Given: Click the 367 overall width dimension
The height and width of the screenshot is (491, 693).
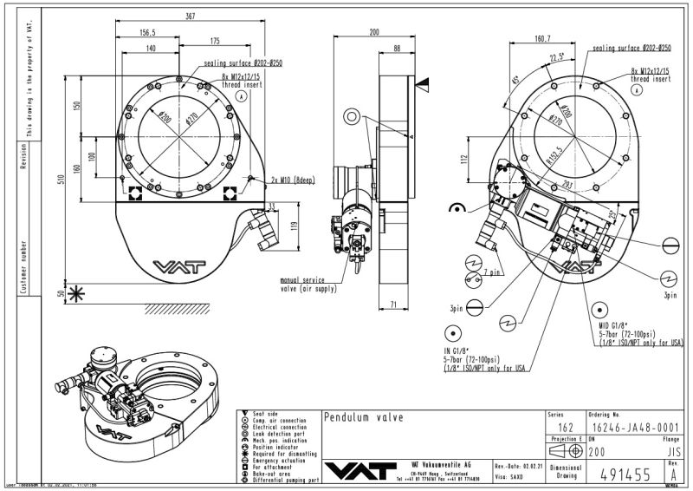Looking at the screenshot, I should click(x=190, y=16).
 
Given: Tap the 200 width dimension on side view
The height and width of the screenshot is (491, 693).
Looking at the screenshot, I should click(x=374, y=32).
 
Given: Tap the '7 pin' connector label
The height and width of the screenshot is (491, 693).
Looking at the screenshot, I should click(x=492, y=272).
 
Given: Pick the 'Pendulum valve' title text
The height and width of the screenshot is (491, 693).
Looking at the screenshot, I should click(x=363, y=417).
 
